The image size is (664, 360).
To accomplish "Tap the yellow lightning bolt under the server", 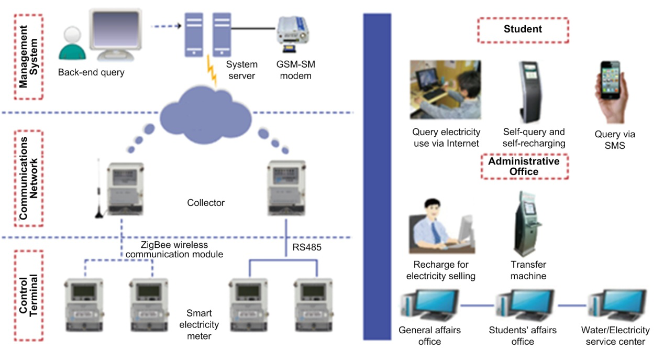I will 212,71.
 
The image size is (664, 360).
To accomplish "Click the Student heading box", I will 523,30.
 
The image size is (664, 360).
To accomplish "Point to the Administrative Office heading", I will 524,166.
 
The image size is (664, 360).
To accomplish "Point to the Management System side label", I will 28,56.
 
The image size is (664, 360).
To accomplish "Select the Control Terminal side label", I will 28,295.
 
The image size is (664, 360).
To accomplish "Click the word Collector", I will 206,203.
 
